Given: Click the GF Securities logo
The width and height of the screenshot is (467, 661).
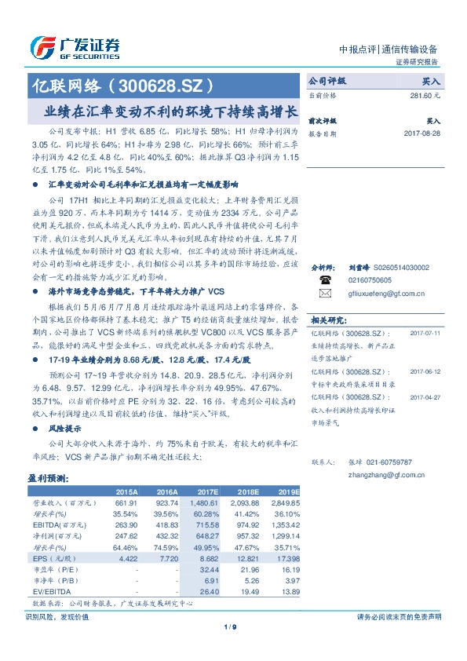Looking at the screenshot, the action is click(75, 46).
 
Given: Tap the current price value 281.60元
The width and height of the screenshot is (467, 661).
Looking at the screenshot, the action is click(424, 94).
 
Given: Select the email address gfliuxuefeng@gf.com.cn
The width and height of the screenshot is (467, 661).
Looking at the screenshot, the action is click(386, 294).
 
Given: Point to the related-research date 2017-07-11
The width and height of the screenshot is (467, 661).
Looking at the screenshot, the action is click(425, 332).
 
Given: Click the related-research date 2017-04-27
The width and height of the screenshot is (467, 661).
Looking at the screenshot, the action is click(425, 397).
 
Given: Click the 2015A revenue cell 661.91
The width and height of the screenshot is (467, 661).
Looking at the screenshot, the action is click(126, 502).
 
